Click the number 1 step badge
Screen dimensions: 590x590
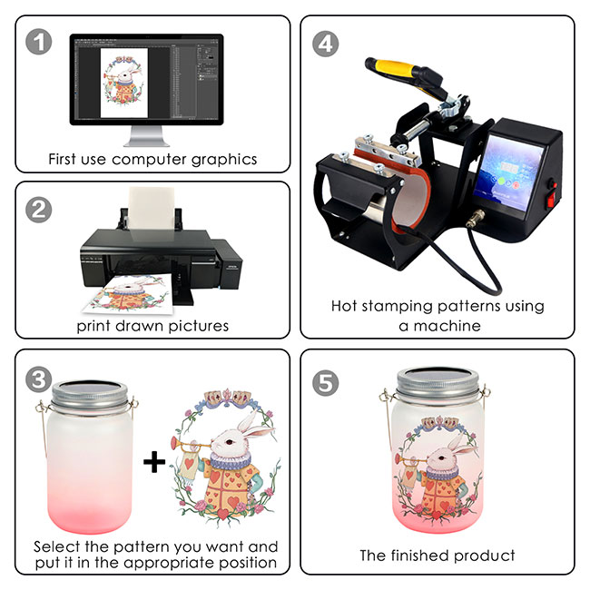[38, 42]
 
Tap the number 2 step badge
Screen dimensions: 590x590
[38, 210]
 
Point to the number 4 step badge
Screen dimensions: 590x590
[326, 44]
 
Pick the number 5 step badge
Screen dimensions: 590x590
[326, 383]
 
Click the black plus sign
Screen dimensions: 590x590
[154, 461]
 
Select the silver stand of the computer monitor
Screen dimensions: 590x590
[146, 136]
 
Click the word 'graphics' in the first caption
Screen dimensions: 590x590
[224, 160]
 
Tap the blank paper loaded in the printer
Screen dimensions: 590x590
[152, 209]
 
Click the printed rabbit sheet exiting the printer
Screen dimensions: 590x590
[129, 294]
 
